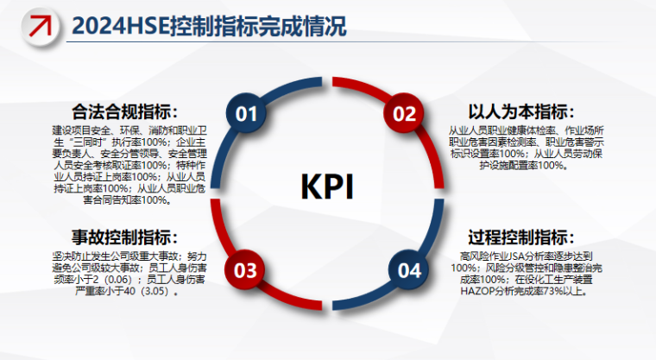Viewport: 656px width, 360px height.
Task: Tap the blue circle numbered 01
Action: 247,114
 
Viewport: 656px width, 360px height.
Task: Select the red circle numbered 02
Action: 405,114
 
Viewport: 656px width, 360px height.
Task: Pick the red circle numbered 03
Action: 247,271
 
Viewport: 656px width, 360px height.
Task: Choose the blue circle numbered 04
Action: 405,271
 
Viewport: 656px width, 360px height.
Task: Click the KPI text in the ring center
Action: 326,186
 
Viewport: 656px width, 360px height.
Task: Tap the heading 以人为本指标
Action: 522,112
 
